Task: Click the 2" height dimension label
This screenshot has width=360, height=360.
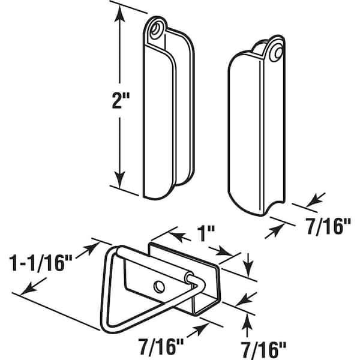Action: pyautogui.click(x=121, y=100)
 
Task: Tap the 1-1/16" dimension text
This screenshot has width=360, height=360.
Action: pyautogui.click(x=41, y=263)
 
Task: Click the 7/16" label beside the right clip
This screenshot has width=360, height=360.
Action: pyautogui.click(x=328, y=227)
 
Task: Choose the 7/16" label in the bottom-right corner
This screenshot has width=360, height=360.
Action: pyautogui.click(x=263, y=349)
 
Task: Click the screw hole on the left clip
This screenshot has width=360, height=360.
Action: pyautogui.click(x=156, y=29)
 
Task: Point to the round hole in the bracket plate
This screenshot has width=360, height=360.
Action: pyautogui.click(x=159, y=287)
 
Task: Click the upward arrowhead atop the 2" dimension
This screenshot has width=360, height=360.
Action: pyautogui.click(x=119, y=14)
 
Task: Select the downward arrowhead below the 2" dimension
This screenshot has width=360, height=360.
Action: pyautogui.click(x=119, y=179)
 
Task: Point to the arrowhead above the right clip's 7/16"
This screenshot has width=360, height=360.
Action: pyautogui.click(x=315, y=200)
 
